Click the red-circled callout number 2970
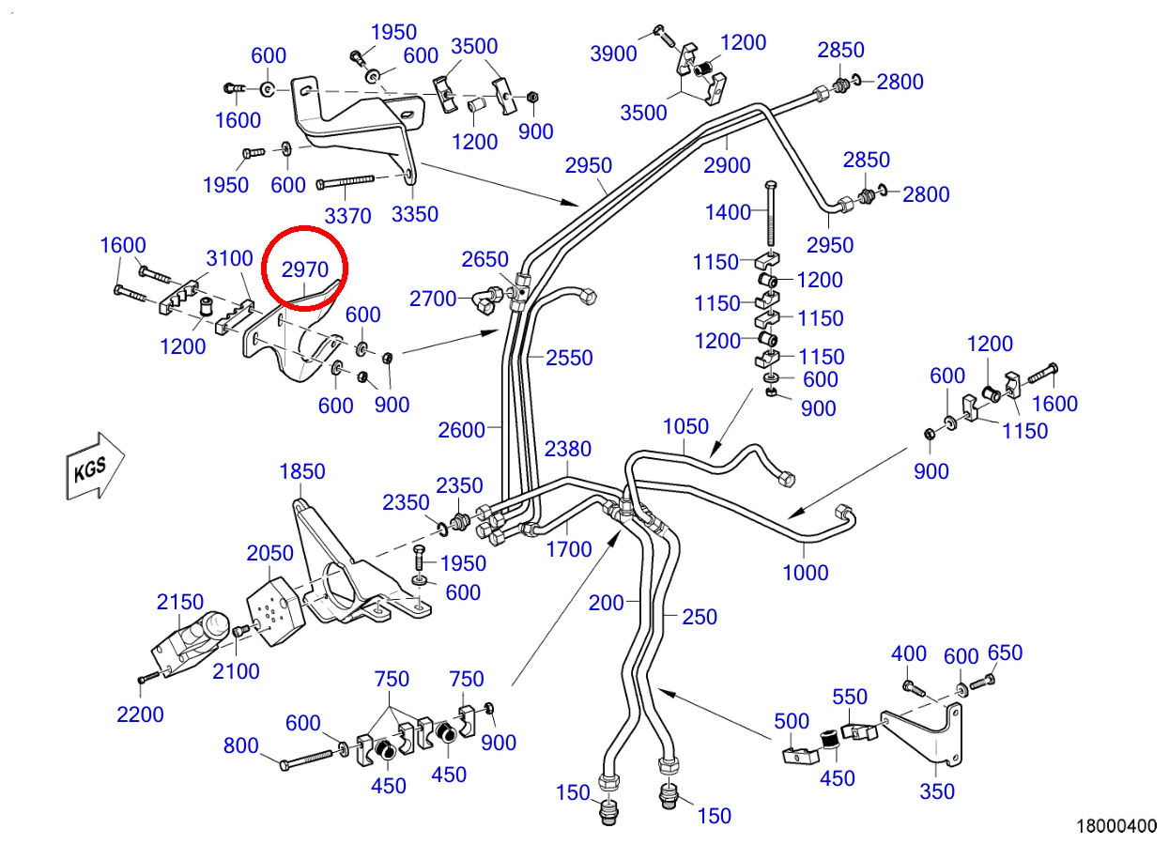(x=305, y=269)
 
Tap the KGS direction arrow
(x=95, y=467)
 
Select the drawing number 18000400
(x=1116, y=826)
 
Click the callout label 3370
(x=347, y=216)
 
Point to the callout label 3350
(x=415, y=214)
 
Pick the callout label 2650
(x=485, y=259)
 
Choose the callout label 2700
(x=433, y=299)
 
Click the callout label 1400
(x=728, y=212)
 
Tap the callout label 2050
(x=269, y=553)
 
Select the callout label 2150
(x=180, y=602)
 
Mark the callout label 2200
(x=140, y=714)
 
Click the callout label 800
(x=241, y=745)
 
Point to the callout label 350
(x=937, y=791)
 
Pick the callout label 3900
(x=614, y=54)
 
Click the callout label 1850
(x=302, y=471)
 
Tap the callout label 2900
(x=727, y=165)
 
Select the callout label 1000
(x=806, y=573)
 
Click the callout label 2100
(x=236, y=671)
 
